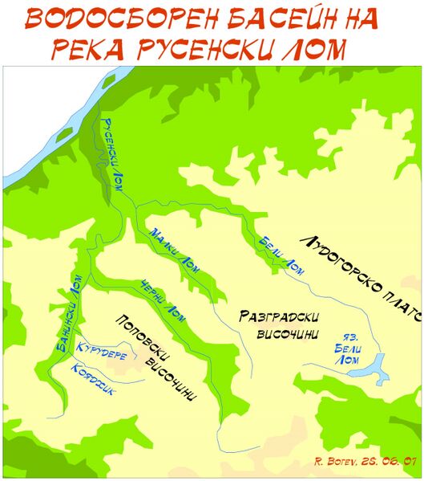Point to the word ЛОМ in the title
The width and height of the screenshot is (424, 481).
(x=313, y=50)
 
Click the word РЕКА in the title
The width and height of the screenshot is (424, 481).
(x=88, y=50)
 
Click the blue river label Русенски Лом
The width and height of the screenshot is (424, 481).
(x=112, y=149)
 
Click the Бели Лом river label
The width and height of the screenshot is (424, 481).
(x=281, y=253)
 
